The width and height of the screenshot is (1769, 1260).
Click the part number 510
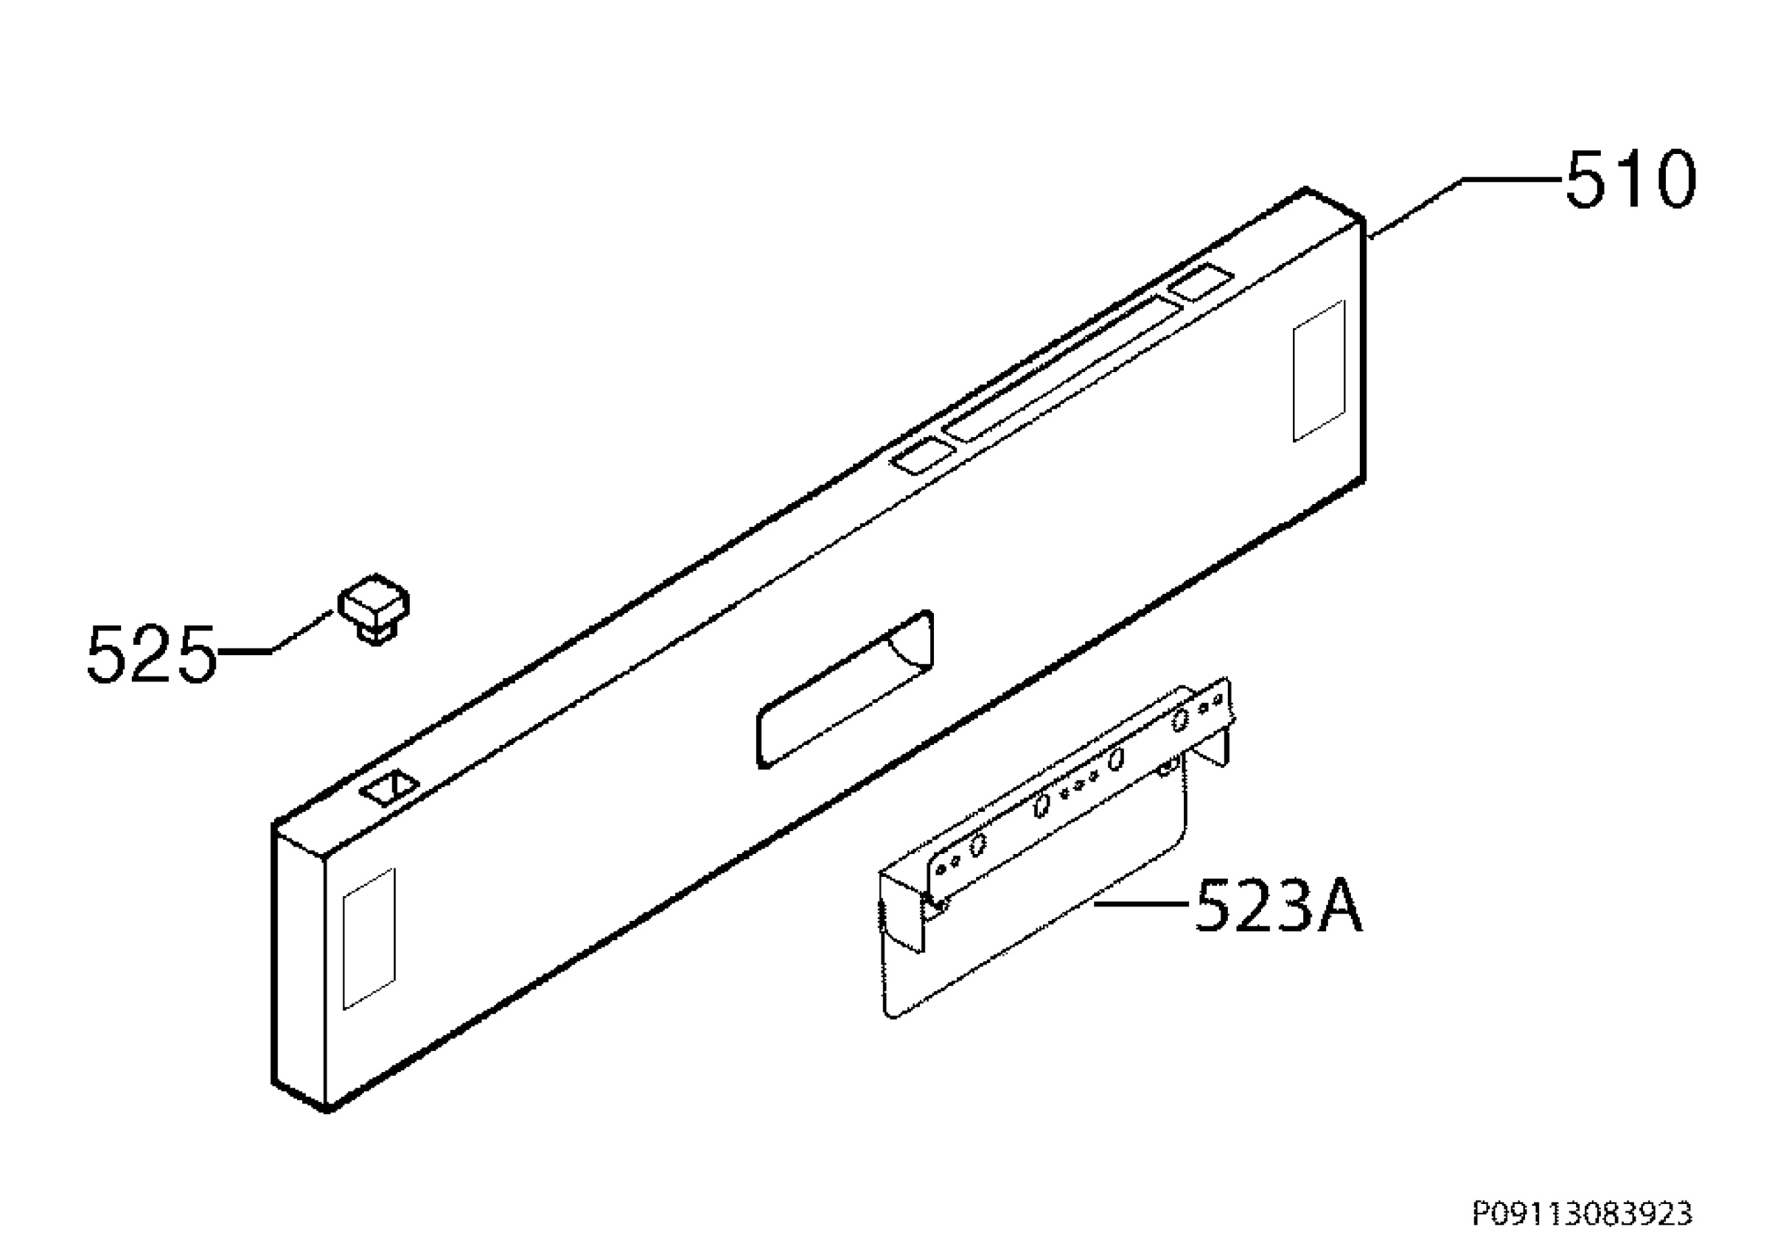pyautogui.click(x=1630, y=180)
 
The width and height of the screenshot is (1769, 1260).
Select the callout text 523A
pyautogui.click(x=1278, y=905)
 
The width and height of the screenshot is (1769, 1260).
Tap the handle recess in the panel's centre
pyautogui.click(x=845, y=688)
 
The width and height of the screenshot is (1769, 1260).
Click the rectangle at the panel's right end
pyautogui.click(x=1318, y=371)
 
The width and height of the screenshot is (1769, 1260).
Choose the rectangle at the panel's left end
pyautogui.click(x=369, y=939)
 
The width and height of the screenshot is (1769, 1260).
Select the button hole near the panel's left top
pyautogui.click(x=389, y=788)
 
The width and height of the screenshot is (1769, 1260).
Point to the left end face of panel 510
pyautogui.click(x=299, y=966)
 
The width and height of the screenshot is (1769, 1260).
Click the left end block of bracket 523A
pyautogui.click(x=902, y=909)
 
